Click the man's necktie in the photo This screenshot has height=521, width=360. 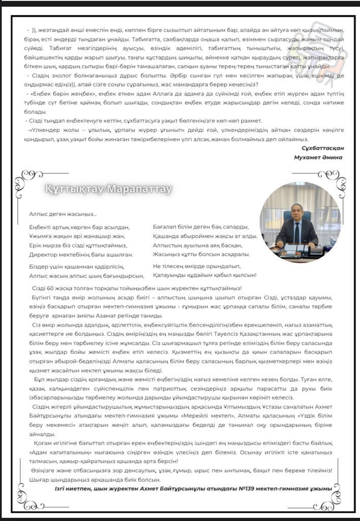coord(297,231)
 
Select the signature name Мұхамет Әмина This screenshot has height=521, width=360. coord(318,157)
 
